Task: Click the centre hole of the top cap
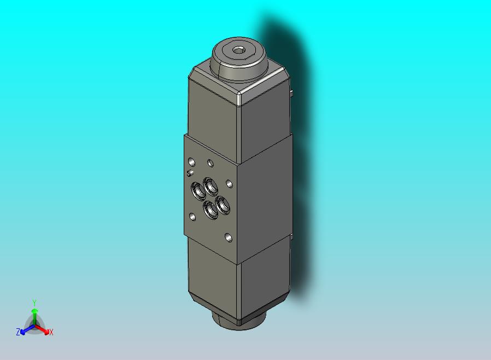point(239,51)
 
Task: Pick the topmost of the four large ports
point(211,186)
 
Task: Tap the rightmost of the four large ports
point(224,205)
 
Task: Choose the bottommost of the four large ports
point(211,210)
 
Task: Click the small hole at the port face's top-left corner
point(191,162)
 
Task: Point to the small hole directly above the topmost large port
point(211,162)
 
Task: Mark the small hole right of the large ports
point(229,183)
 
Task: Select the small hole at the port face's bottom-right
point(228,238)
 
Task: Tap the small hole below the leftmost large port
point(192,217)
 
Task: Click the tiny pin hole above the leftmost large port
point(190,173)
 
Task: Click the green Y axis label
point(34,303)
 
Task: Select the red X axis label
point(51,332)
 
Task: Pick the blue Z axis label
point(18,332)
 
